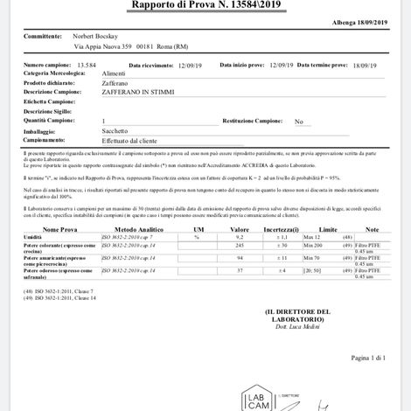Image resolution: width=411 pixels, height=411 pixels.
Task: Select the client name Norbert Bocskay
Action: coord(97,38)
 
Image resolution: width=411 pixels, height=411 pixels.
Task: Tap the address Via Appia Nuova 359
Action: coord(103,47)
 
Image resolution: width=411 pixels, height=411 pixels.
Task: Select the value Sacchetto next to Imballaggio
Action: coord(116,130)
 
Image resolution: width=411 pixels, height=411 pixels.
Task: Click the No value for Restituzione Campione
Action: coord(298,121)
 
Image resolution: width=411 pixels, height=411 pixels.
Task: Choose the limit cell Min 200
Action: coord(313,246)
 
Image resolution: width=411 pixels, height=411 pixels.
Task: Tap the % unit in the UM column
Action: coord(197,237)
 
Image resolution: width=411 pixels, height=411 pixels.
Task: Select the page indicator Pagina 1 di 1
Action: coord(367,358)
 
